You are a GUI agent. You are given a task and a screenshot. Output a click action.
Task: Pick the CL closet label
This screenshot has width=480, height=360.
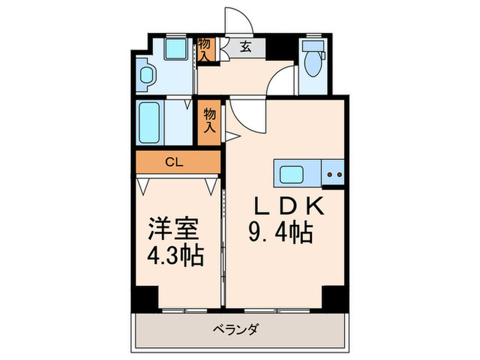click(x=176, y=163)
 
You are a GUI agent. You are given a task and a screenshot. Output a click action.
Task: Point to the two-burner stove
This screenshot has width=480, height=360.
click(x=335, y=173)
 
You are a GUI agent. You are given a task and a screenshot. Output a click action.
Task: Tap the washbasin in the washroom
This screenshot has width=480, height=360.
click(x=145, y=76)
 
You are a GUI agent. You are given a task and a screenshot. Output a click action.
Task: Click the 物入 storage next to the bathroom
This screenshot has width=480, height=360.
click(x=210, y=122)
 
